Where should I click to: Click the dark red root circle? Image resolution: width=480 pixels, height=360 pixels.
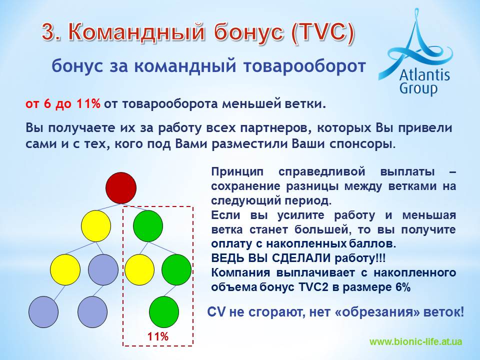click(121, 188)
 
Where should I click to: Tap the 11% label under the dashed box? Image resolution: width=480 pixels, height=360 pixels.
click(158, 336)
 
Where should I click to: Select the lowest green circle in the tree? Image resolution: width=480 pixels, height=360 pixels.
click(164, 312)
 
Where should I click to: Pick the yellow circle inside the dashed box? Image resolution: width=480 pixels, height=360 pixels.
click(139, 269)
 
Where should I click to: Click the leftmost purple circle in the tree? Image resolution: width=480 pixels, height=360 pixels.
click(43, 312)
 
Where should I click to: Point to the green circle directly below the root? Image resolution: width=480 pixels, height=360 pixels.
click(148, 226)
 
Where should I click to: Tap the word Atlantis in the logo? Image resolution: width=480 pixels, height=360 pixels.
click(424, 74)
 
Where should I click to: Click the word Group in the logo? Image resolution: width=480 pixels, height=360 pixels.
click(418, 89)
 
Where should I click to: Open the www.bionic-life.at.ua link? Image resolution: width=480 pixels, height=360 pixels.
click(415, 341)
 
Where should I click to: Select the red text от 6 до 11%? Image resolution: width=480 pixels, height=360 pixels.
click(63, 104)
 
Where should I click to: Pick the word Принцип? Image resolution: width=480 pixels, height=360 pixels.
click(237, 171)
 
